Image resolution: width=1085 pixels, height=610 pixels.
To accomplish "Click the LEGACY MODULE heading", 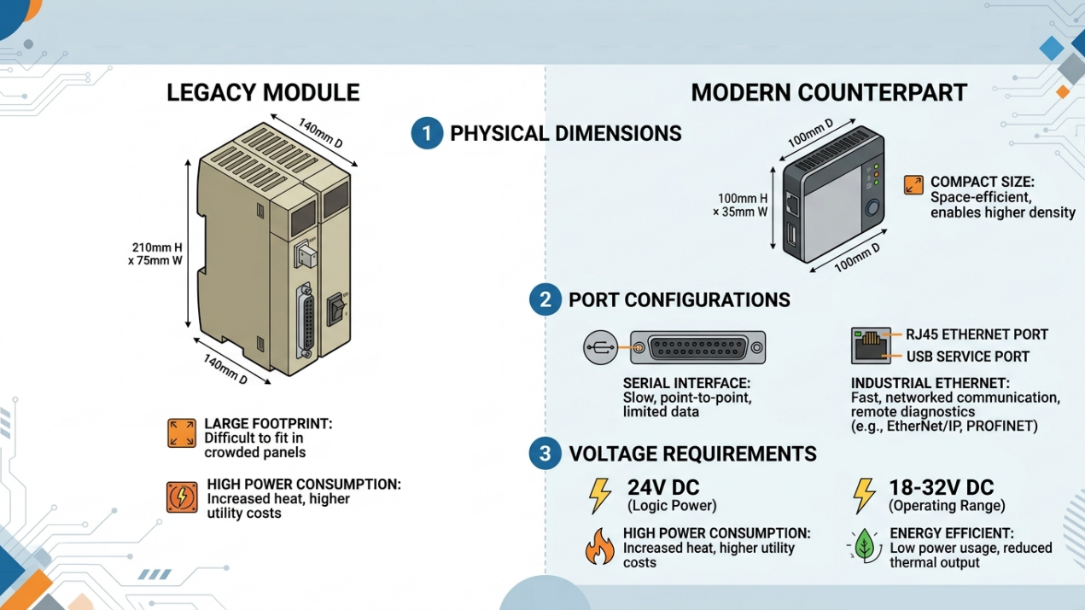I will (x=263, y=93).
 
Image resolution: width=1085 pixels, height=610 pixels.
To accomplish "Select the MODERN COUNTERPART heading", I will (x=828, y=93).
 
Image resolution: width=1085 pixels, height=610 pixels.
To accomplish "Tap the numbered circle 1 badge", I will (x=427, y=134).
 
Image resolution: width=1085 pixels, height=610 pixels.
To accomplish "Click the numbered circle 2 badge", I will (x=545, y=300).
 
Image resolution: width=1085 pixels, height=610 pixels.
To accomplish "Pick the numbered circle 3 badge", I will (x=545, y=454).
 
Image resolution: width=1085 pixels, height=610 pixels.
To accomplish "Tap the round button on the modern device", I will (x=872, y=210).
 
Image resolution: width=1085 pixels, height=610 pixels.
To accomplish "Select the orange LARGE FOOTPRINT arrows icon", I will (x=182, y=433).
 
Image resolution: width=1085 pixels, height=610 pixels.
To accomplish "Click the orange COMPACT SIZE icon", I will (x=913, y=185).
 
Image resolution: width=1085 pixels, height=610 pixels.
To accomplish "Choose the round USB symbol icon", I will (x=600, y=347).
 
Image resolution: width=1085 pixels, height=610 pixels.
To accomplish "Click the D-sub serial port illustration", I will (x=697, y=347).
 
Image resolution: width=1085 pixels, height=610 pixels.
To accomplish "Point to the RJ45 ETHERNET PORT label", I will (x=977, y=334).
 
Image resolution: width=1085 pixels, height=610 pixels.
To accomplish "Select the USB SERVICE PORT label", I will (x=967, y=357).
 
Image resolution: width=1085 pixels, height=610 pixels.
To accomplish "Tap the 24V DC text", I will (x=663, y=488).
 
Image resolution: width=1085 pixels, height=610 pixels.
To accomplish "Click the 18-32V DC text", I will (x=942, y=488).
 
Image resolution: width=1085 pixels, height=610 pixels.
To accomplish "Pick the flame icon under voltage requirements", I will (x=599, y=547).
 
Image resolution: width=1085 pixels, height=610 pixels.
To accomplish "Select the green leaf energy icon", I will (x=865, y=545).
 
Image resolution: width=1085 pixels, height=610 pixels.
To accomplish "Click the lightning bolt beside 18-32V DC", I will (x=865, y=496).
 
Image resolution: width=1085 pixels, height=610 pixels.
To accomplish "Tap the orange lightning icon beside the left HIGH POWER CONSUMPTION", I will (x=182, y=497).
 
